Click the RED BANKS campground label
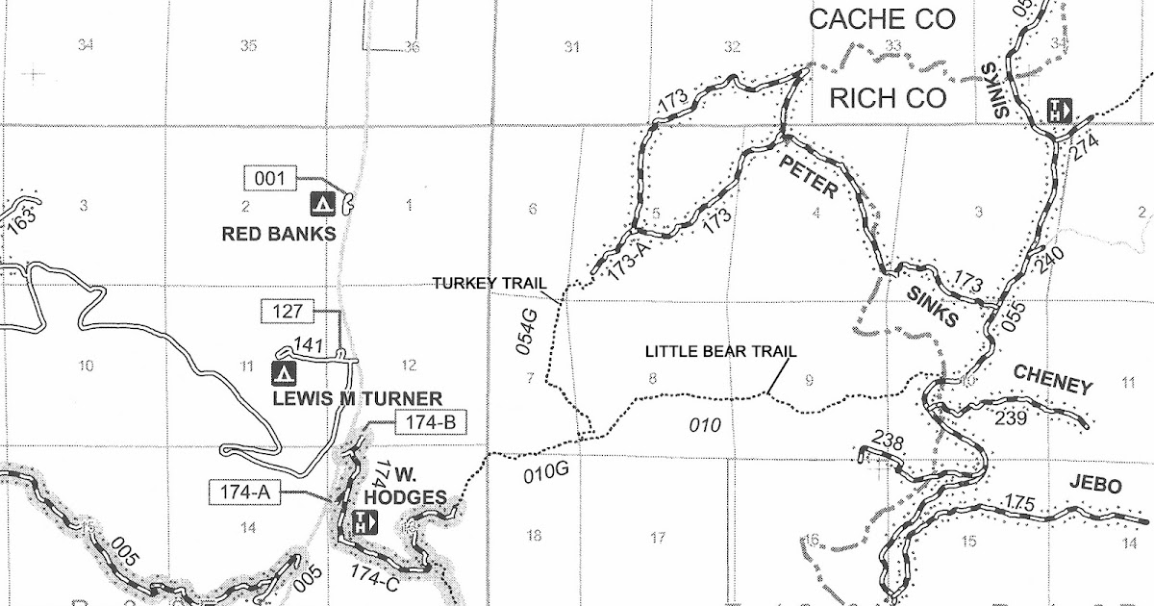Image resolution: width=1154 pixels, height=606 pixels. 278,233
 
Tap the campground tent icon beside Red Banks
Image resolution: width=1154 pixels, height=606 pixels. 322,203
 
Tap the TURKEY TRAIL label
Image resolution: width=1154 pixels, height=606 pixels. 489,283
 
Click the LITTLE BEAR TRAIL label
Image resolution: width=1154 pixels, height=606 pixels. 720,352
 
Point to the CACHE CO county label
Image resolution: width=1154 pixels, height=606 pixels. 884,20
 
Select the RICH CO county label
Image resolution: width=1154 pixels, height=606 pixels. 888,98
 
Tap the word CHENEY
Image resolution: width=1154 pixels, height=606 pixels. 1053,380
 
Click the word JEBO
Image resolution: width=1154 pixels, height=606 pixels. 1094,486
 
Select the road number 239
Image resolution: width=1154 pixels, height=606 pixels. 1012,417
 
